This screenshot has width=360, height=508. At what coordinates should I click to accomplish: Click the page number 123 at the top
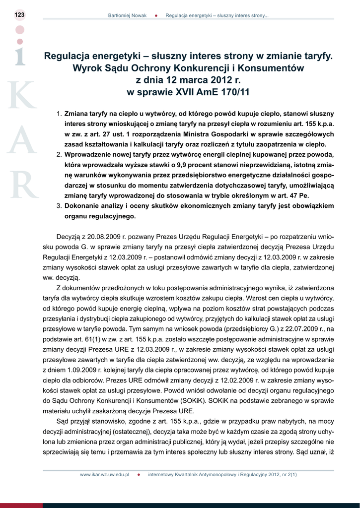(x=19, y=15)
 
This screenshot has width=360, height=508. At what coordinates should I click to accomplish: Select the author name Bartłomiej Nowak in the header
(x=127, y=16)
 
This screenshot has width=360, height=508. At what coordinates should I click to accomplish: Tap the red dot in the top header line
(x=156, y=16)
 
